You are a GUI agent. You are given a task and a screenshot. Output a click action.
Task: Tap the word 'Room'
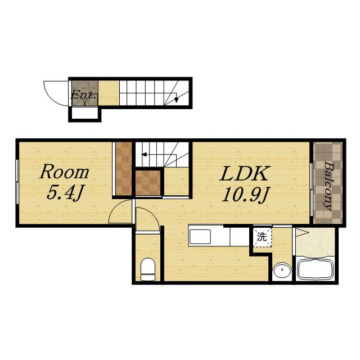65,172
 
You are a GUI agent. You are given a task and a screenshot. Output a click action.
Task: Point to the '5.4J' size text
65,192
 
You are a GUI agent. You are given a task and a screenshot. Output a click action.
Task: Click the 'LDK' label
244,173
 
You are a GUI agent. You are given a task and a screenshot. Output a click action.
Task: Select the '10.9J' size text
246,194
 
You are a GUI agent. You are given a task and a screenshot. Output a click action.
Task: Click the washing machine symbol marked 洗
262,237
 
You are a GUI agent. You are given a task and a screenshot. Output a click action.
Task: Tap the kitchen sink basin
200,236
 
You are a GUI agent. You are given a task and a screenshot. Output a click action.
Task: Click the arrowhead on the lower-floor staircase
176,100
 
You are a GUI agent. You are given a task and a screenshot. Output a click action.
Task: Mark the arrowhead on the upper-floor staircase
144,155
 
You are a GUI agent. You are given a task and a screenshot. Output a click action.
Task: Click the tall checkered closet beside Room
124,169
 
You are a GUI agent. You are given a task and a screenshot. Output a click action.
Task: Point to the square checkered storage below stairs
148,183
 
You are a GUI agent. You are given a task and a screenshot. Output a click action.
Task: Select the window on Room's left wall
17,182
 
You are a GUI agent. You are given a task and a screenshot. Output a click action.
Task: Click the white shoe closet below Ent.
85,114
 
